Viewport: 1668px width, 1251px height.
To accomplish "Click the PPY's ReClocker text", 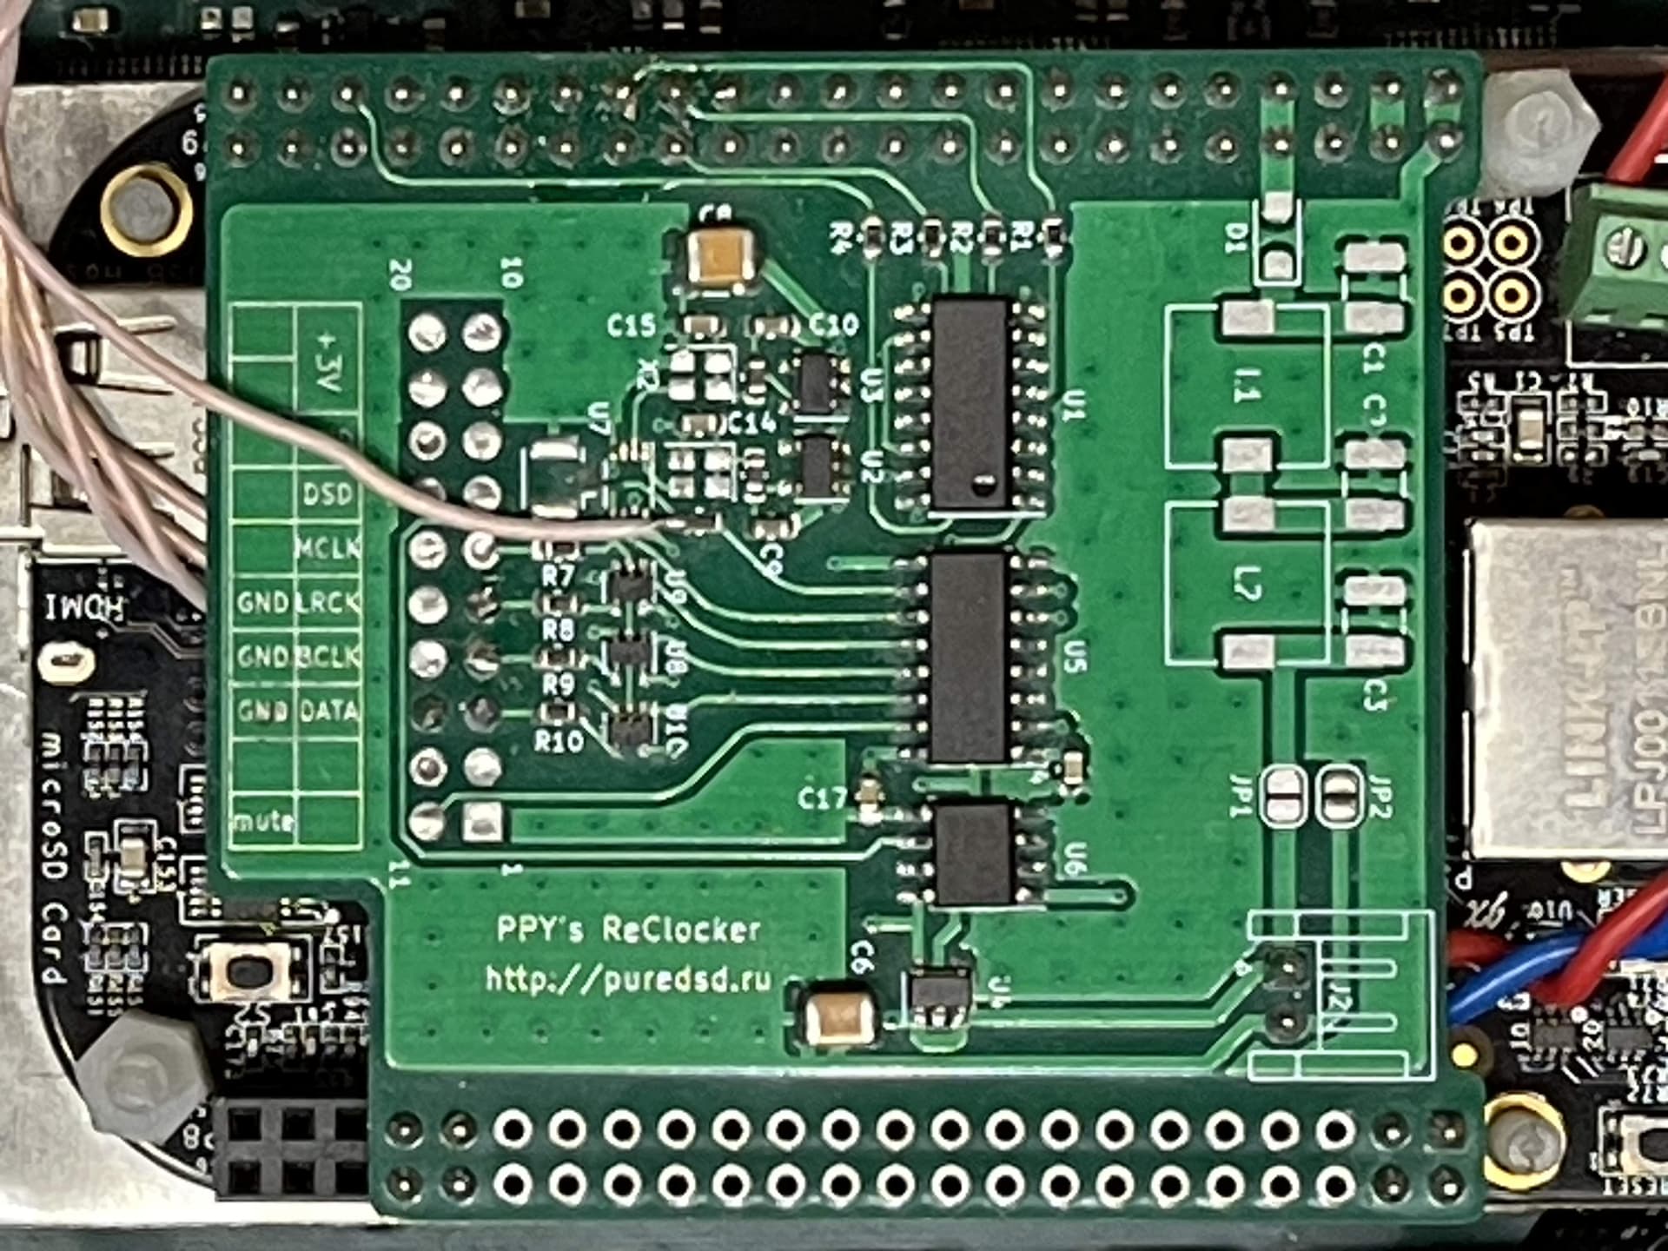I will pos(627,930).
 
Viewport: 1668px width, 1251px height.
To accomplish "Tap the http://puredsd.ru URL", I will pos(627,980).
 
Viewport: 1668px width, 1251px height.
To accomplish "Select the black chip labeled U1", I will pos(970,405).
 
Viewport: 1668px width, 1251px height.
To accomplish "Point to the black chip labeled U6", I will pos(974,853).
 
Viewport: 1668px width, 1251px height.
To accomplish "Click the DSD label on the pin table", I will pos(328,494).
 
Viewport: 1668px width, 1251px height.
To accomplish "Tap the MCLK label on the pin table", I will pos(328,548).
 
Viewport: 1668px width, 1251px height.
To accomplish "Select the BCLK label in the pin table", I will pos(328,656).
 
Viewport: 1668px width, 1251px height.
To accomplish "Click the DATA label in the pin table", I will pos(328,711).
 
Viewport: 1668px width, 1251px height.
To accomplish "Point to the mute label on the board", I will pos(262,819).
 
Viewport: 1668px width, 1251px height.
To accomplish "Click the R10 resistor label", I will pos(559,741).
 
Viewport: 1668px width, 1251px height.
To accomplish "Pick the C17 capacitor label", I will pos(821,798).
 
